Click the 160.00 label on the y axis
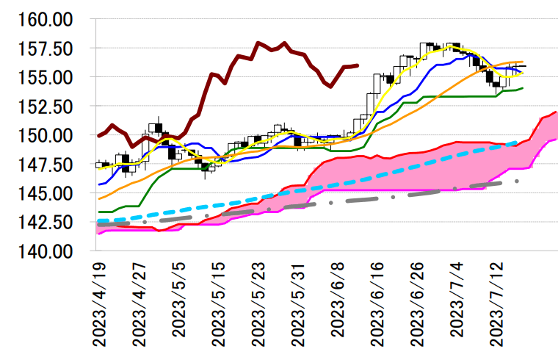(45, 19)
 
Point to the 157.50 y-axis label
(45, 48)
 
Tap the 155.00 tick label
(45, 77)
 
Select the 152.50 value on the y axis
(45, 107)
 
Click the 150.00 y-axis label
(45, 135)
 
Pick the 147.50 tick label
(45, 165)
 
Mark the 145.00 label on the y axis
(45, 193)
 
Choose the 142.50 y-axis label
(45, 222)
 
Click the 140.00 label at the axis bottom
(45, 251)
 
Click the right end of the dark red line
(358, 65)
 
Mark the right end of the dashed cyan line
(519, 143)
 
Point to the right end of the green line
(522, 88)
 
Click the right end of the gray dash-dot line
(518, 181)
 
